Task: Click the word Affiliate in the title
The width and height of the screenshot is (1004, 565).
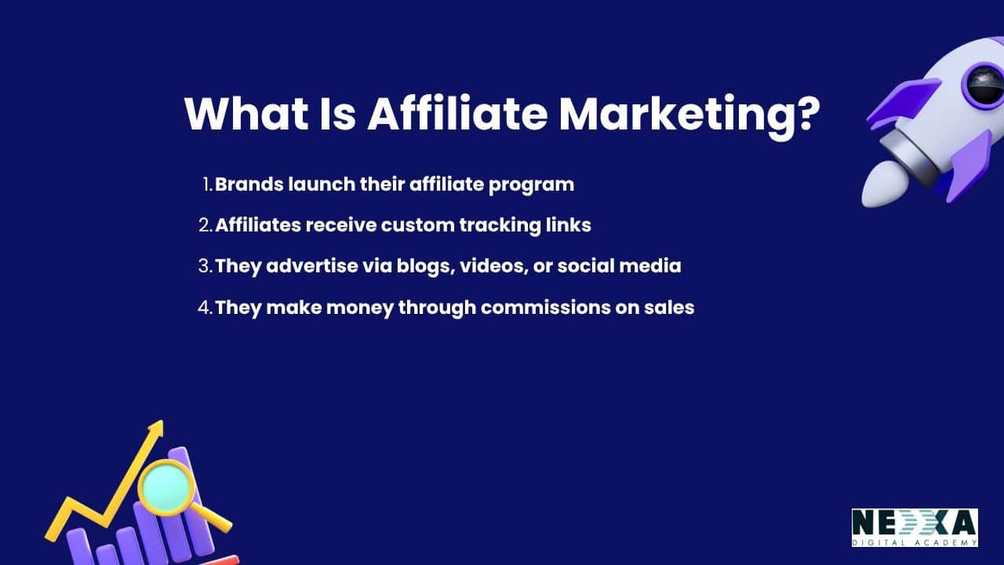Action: click(x=457, y=115)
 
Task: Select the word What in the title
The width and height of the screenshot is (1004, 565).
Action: click(x=247, y=115)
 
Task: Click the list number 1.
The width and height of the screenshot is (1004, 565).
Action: click(x=207, y=184)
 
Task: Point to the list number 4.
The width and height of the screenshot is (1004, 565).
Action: click(x=205, y=307)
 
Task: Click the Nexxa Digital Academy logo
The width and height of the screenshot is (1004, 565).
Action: click(x=915, y=527)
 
